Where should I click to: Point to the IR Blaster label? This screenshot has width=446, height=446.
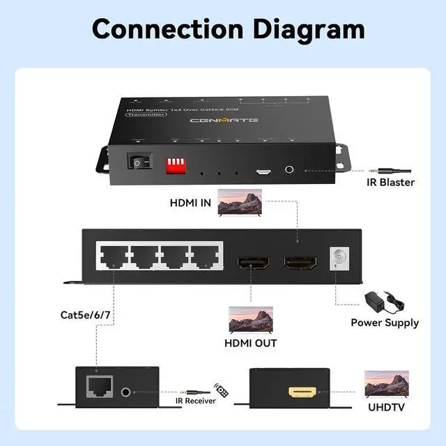click(390, 183)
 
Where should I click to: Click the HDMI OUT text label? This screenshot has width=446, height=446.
click(251, 343)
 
